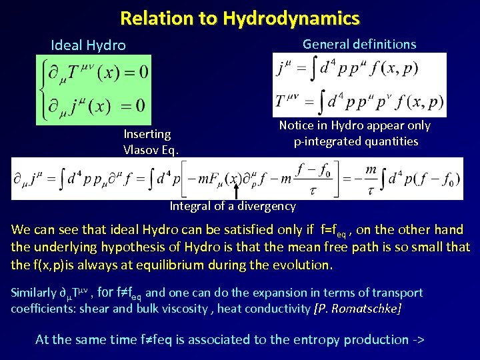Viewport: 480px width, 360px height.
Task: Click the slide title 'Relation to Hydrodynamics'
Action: point(239,18)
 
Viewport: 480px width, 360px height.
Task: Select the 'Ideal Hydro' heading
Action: point(88,45)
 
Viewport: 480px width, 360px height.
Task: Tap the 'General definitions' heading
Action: point(359,44)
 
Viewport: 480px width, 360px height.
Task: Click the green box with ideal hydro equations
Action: point(94,89)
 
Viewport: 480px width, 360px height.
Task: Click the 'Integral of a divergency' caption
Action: point(232,206)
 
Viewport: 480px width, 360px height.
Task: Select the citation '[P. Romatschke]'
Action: point(357,309)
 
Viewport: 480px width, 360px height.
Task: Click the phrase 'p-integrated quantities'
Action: point(355,141)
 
